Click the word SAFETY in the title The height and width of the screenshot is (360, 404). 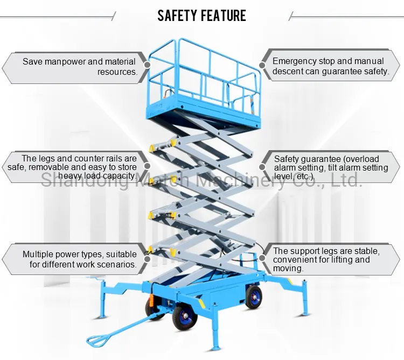tap(177, 15)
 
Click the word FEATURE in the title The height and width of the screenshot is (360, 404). tap(223, 15)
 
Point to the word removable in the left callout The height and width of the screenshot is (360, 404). tap(58, 167)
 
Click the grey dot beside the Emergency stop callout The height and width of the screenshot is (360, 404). tap(262, 66)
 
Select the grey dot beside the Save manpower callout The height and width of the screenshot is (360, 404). tap(147, 66)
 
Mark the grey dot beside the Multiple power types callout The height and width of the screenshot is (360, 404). tap(147, 258)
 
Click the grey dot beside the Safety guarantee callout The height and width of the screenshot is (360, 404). tap(262, 167)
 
